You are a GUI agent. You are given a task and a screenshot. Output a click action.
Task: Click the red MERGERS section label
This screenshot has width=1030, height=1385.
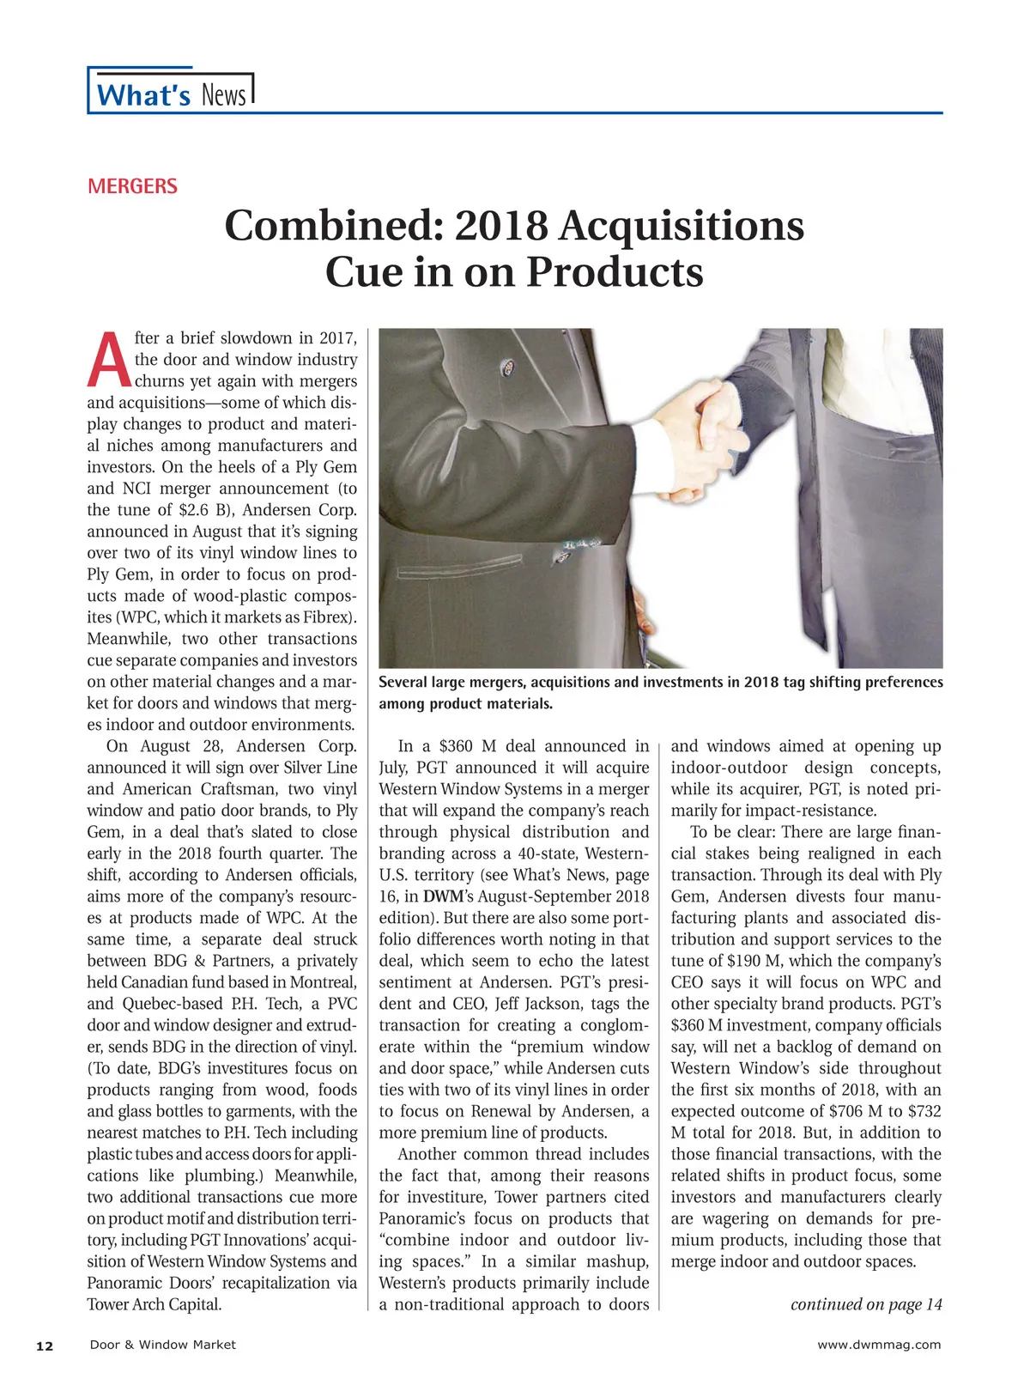click(x=132, y=186)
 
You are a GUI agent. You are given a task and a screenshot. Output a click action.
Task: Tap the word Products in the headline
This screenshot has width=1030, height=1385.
click(x=615, y=272)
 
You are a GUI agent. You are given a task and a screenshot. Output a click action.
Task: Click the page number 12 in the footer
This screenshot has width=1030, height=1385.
click(x=45, y=1346)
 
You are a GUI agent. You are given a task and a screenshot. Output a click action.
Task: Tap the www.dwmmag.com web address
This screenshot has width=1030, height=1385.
click(x=879, y=1345)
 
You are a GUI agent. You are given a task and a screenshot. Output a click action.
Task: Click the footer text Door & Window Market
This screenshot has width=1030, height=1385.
click(x=162, y=1345)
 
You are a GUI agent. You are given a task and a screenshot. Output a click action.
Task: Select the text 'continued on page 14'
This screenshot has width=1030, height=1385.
click(x=865, y=1304)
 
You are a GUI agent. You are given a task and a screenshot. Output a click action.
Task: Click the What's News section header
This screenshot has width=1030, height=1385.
click(x=172, y=94)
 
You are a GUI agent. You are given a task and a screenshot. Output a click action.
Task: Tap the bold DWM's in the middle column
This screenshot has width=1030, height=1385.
click(x=446, y=896)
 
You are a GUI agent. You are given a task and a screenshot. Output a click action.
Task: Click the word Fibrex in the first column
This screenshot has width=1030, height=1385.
click(x=326, y=617)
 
